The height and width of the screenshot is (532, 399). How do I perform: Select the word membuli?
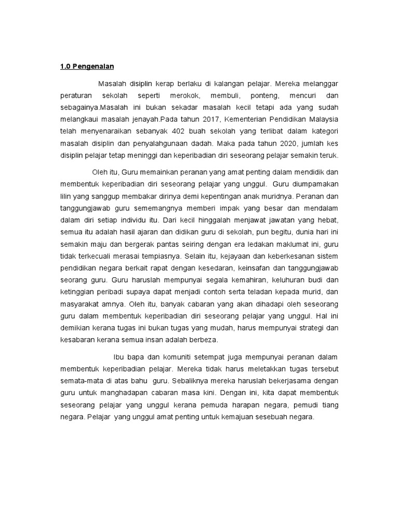pos(221,96)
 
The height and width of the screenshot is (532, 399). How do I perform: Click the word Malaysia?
pos(323,120)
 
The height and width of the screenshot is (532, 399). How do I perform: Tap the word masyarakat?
pos(77,304)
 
